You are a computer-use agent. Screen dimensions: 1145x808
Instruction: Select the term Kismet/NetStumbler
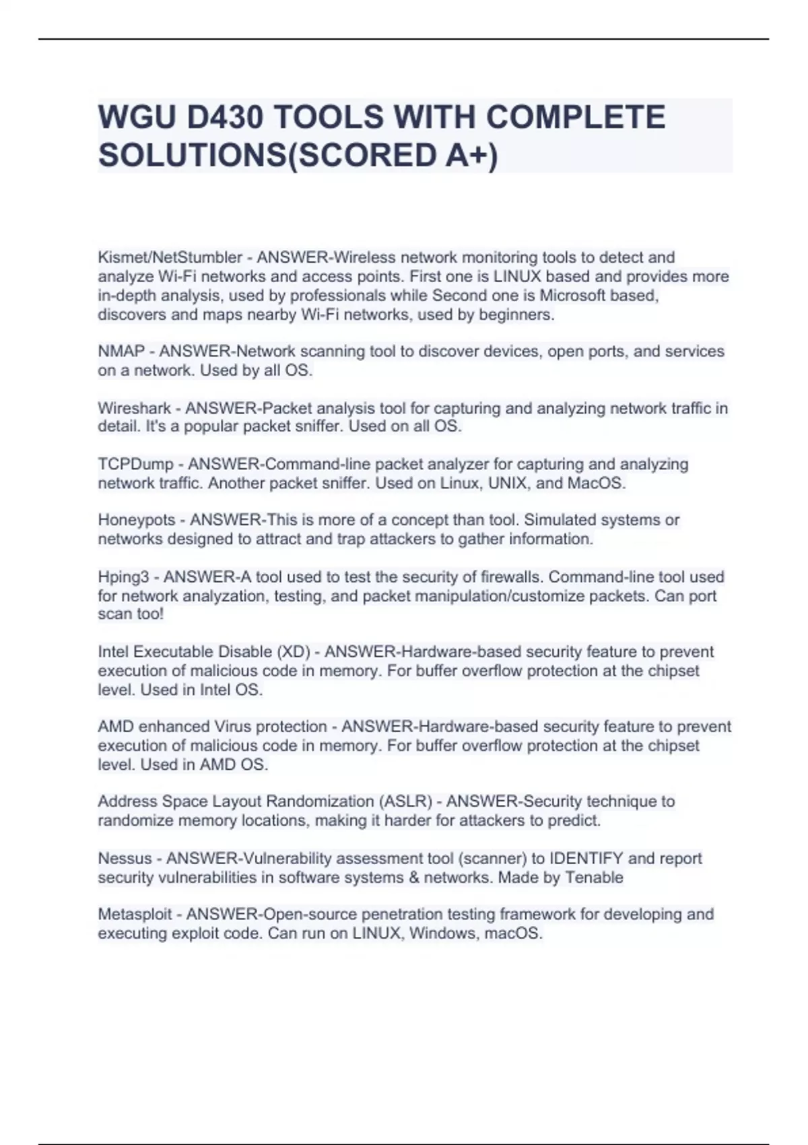click(170, 257)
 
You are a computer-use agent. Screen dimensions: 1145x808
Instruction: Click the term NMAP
click(121, 351)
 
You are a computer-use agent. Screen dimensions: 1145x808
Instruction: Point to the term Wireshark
click(135, 408)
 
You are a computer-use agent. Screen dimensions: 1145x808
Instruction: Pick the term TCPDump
click(135, 464)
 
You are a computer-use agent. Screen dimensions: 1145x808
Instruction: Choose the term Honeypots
click(137, 520)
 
